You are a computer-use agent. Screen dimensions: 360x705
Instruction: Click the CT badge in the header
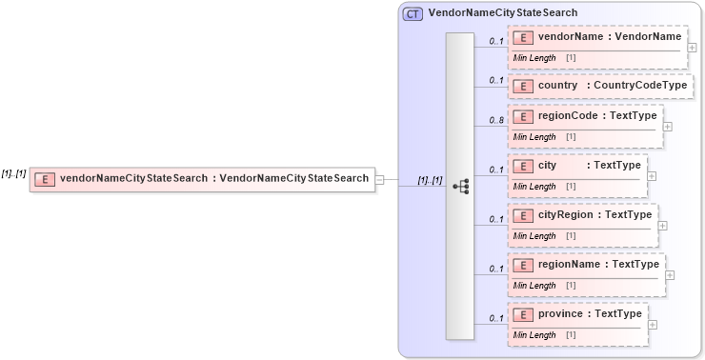pos(413,14)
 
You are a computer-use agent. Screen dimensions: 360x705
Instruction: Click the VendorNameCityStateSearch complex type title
pos(502,13)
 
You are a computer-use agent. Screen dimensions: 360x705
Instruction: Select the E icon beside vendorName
pos(522,38)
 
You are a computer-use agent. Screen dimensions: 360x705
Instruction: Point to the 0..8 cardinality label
pos(495,120)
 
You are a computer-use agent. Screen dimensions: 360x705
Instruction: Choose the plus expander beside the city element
pos(652,174)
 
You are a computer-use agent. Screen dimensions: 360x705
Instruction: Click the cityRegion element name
pos(569,215)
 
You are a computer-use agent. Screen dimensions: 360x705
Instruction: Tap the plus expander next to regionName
pos(670,274)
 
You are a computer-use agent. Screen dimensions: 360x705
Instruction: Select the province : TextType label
pos(591,313)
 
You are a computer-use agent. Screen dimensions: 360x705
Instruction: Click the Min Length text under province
pos(534,334)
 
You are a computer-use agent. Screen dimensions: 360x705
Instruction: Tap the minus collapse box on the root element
pos(379,178)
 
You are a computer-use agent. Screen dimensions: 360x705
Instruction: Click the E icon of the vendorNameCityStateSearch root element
pos(44,178)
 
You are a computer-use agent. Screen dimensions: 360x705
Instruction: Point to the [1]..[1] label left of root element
pos(13,173)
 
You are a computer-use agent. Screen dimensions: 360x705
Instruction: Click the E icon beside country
pos(522,87)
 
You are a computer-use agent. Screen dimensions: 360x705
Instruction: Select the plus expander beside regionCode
pos(667,125)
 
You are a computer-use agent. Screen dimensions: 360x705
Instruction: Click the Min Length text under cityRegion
pos(534,235)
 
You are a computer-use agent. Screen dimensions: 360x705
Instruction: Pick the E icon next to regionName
pos(522,265)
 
